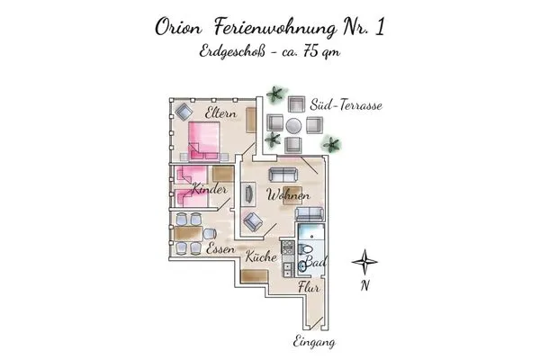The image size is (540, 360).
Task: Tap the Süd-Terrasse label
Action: pyautogui.click(x=346, y=105)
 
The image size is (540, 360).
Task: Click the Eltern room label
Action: pyautogui.click(x=220, y=113)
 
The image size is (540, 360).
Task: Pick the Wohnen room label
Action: pyautogui.click(x=289, y=195)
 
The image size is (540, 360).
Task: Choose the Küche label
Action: pyautogui.click(x=261, y=257)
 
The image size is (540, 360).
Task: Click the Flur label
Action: pyautogui.click(x=309, y=288)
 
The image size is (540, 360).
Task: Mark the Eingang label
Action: pyautogui.click(x=315, y=342)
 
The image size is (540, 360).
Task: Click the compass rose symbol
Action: pyautogui.click(x=364, y=264)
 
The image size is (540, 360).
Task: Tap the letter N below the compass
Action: pyautogui.click(x=364, y=288)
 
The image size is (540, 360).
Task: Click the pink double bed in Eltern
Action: pyautogui.click(x=205, y=140)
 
